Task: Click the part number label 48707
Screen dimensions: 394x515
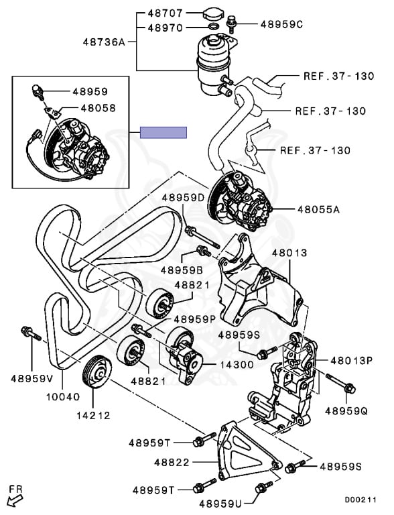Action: click(165, 13)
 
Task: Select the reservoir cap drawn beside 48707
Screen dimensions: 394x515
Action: click(213, 15)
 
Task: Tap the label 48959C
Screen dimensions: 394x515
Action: click(281, 24)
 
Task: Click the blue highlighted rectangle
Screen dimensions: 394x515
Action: click(163, 132)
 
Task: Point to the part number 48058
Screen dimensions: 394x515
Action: click(98, 108)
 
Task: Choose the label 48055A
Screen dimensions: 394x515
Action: click(318, 209)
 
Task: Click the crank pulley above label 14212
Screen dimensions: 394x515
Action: click(96, 371)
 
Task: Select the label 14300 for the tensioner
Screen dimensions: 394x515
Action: click(237, 365)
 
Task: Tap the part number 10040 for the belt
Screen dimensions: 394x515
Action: click(63, 397)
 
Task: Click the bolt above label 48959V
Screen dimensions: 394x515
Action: click(31, 333)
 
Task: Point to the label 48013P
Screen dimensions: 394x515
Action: click(352, 360)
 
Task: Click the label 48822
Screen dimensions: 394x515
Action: click(172, 463)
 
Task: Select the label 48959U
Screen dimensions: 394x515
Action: click(220, 503)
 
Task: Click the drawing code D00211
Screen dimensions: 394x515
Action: click(360, 500)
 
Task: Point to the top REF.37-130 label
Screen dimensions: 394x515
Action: click(338, 76)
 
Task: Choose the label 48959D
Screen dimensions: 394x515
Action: click(183, 198)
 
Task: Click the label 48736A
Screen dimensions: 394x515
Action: click(104, 42)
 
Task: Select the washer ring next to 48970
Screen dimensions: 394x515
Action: click(213, 26)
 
